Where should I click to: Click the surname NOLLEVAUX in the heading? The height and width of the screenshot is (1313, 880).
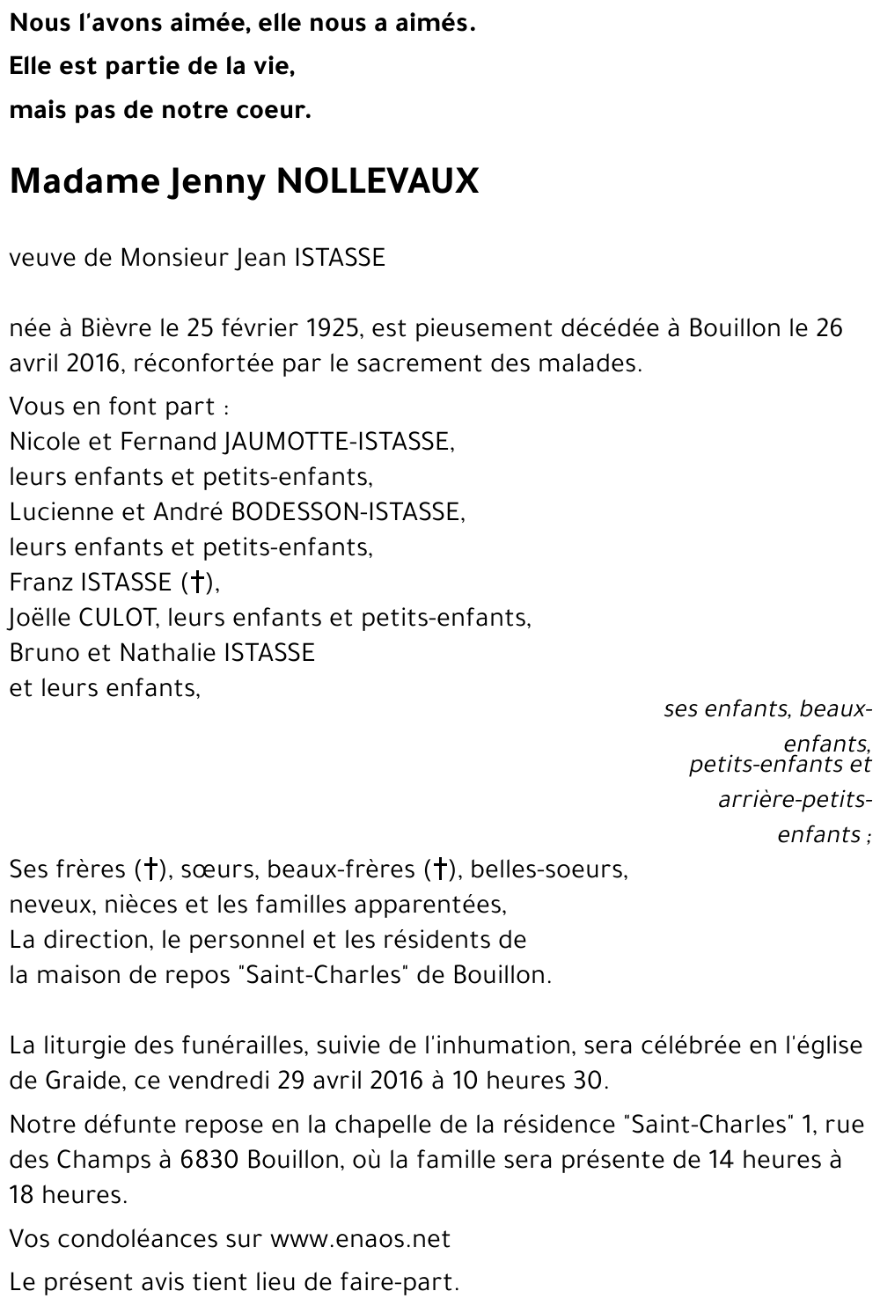tap(378, 181)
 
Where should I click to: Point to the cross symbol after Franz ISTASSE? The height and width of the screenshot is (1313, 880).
tap(198, 582)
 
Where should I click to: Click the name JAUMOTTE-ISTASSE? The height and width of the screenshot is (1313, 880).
tap(339, 441)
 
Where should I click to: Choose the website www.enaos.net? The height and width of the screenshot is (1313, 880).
tap(360, 1239)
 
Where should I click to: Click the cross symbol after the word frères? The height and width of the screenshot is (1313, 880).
tap(150, 869)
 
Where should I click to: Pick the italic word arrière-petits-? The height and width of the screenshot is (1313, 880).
tap(795, 800)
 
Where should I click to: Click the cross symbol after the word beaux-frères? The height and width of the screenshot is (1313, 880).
tap(438, 869)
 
